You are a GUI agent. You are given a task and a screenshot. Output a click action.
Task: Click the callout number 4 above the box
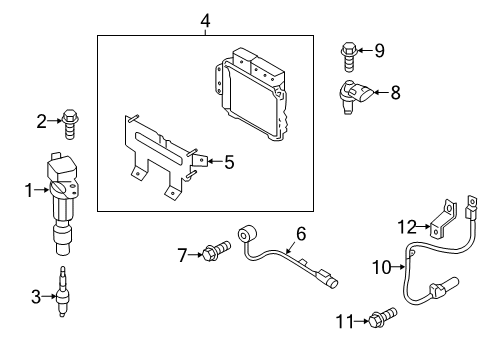(x=205, y=21)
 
